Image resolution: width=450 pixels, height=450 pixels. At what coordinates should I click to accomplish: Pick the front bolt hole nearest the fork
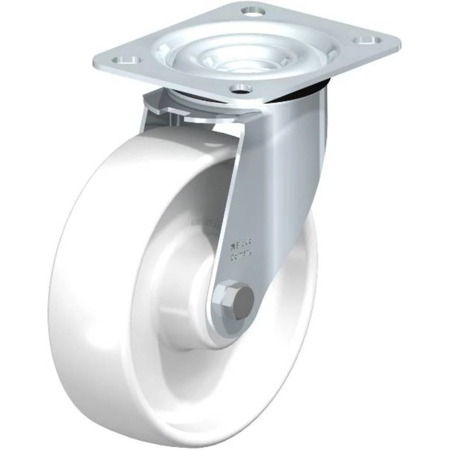tap(242, 87)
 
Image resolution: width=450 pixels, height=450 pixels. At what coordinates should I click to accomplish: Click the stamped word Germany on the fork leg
tap(242, 257)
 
